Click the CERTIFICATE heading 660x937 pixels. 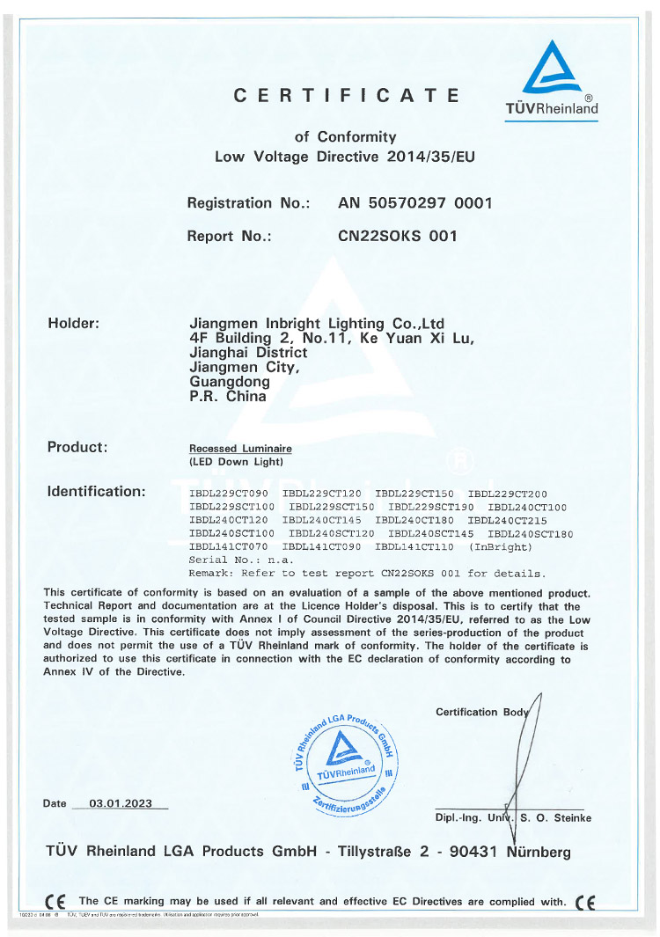pos(346,96)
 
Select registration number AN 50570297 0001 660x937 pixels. pos(414,203)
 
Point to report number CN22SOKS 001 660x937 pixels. pos(398,236)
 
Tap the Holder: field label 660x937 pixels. pos(73,323)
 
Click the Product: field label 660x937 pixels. pos(77,447)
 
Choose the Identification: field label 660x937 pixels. pos(96,491)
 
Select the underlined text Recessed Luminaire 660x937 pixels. pos(236,449)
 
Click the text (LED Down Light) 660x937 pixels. pos(236,460)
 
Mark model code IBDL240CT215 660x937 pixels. pos(508,520)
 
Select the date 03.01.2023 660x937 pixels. pos(121,803)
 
